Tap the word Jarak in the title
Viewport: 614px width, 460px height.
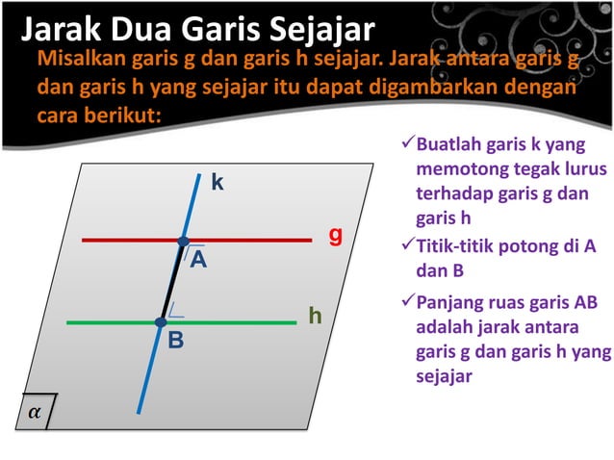pyautogui.click(x=61, y=30)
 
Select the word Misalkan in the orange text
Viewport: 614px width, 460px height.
pyautogui.click(x=81, y=61)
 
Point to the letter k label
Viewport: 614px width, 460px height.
pyautogui.click(x=218, y=182)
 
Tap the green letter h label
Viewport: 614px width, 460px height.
pyautogui.click(x=315, y=316)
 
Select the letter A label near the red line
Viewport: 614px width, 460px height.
pyautogui.click(x=198, y=260)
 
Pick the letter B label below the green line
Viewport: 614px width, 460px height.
pyautogui.click(x=176, y=342)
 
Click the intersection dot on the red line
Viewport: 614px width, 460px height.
pyautogui.click(x=184, y=241)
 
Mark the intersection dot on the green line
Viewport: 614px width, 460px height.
pyautogui.click(x=162, y=322)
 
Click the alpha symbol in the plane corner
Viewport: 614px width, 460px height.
pyautogui.click(x=35, y=411)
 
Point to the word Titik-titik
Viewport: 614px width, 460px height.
pyautogui.click(x=461, y=246)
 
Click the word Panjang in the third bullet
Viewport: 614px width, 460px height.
pyautogui.click(x=450, y=305)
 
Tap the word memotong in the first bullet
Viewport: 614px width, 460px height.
pyautogui.click(x=457, y=170)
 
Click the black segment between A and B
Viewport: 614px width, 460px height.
pyautogui.click(x=173, y=281)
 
